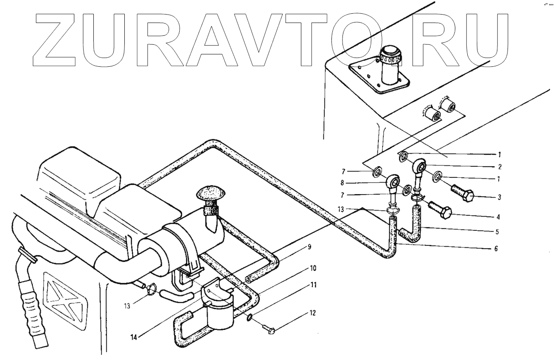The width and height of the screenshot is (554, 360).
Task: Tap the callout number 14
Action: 134,336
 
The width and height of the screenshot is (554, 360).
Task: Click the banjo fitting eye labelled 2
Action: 420,167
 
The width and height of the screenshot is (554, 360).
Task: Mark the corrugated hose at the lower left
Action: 31,305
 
